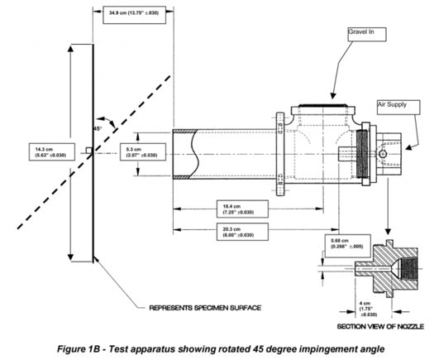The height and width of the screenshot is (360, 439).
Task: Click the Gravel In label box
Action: point(367,35)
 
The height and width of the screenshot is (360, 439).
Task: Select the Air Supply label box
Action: point(398,108)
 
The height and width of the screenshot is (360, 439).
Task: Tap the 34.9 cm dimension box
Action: point(134,15)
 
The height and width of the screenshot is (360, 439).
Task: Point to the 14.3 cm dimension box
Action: point(52,151)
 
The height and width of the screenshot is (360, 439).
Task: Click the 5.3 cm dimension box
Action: point(143,151)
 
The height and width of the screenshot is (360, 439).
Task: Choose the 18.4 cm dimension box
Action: point(242,209)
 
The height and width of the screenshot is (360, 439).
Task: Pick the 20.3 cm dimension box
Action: point(242,232)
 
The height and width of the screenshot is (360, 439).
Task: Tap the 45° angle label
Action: point(98,128)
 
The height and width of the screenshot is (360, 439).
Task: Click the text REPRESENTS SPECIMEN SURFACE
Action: point(205,308)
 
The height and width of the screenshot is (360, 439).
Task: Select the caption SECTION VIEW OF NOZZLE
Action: point(380,326)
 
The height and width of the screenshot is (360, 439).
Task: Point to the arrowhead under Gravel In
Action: point(332,95)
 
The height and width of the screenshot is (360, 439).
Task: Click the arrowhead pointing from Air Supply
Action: point(409,147)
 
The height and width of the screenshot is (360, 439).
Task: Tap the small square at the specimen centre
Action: point(89,151)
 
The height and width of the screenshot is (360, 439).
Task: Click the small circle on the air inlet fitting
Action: point(383,154)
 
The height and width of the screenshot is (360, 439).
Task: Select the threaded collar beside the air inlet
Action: point(362,154)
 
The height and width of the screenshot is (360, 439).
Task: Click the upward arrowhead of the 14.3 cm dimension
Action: point(70,49)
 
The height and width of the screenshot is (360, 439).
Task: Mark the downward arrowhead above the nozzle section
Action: point(388,232)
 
